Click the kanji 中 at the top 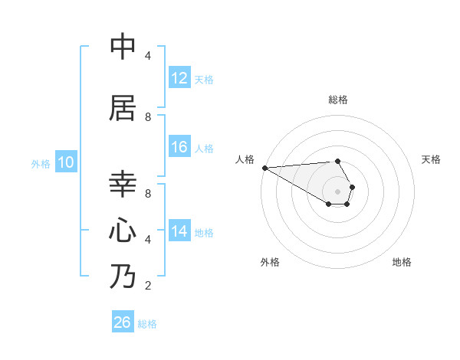123,47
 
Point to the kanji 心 123,230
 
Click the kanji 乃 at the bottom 123,276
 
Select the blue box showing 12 179,78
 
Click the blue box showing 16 179,147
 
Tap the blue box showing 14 179,231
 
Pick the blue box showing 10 66,162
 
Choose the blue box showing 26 123,322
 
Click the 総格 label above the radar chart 337,100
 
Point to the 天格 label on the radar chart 432,159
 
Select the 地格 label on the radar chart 402,262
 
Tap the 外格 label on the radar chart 270,262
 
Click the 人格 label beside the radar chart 245,159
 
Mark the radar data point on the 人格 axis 264,168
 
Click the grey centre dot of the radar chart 337,191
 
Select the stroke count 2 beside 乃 147,286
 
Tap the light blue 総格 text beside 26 147,323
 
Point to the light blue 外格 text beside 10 41,163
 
